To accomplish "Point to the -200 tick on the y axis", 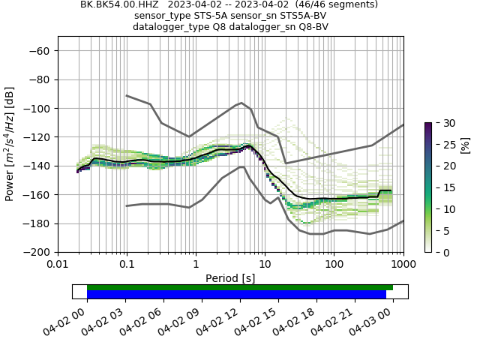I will tap(58, 252).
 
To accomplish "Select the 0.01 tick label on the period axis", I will tap(58, 264).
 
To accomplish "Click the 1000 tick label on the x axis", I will tap(403, 264).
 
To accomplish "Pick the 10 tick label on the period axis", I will tap(265, 264).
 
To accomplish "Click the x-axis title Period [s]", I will tap(230, 278).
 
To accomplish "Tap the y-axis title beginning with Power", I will tap(10, 144).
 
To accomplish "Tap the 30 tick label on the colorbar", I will tap(445, 123).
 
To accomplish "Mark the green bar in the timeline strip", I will tap(240, 287).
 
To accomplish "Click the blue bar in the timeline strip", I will tap(236, 295).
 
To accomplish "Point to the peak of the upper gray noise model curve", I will tap(241, 103).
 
